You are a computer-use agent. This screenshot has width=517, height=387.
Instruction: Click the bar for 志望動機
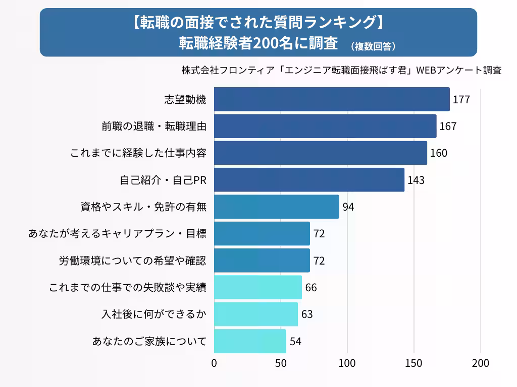coord(332,99)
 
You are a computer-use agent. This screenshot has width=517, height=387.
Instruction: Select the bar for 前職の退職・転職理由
coord(325,126)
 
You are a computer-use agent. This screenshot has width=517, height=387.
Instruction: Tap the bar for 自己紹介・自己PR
coord(309,180)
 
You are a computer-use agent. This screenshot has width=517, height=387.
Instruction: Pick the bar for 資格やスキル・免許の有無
coord(277,207)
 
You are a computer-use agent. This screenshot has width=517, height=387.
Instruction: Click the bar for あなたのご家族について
coord(250,341)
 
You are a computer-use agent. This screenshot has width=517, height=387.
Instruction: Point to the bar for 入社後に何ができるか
coord(256,314)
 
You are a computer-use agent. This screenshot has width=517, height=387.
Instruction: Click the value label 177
coord(461,99)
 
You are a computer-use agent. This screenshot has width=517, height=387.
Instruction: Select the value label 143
coord(416,180)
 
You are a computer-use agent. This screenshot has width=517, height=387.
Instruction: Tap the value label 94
coord(348,207)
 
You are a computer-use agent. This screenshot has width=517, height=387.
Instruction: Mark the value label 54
coord(295,341)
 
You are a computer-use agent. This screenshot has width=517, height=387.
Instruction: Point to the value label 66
coord(311,288)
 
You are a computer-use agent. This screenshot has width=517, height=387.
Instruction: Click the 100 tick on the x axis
coord(347,363)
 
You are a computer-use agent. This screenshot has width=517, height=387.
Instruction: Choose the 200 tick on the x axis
coord(480,363)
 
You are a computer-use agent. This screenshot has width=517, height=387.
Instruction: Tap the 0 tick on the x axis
coord(214,363)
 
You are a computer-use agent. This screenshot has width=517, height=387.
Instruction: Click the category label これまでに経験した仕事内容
coord(138,153)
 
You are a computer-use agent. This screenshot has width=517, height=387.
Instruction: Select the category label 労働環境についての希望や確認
coord(132,261)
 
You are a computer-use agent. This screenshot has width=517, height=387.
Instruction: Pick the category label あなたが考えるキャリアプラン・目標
coord(117,234)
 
